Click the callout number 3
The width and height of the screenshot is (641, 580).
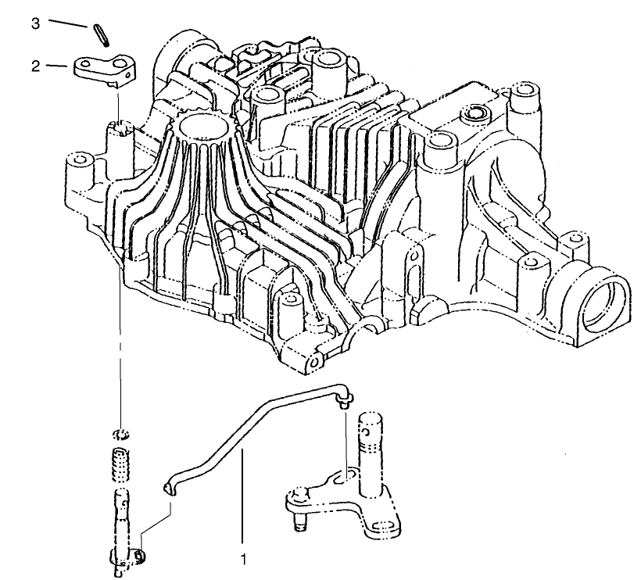[x=36, y=23]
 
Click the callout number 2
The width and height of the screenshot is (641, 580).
[x=36, y=66]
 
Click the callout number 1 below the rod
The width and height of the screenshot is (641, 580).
[x=244, y=559]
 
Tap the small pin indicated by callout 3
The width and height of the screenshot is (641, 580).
[x=102, y=35]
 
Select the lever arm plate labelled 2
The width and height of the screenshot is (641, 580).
[x=106, y=71]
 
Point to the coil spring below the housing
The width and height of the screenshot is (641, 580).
[x=121, y=464]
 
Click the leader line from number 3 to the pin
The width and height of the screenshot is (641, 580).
[x=68, y=23]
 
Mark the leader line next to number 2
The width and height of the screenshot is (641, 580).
[x=56, y=66]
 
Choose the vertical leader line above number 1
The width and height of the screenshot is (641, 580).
[x=243, y=496]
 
